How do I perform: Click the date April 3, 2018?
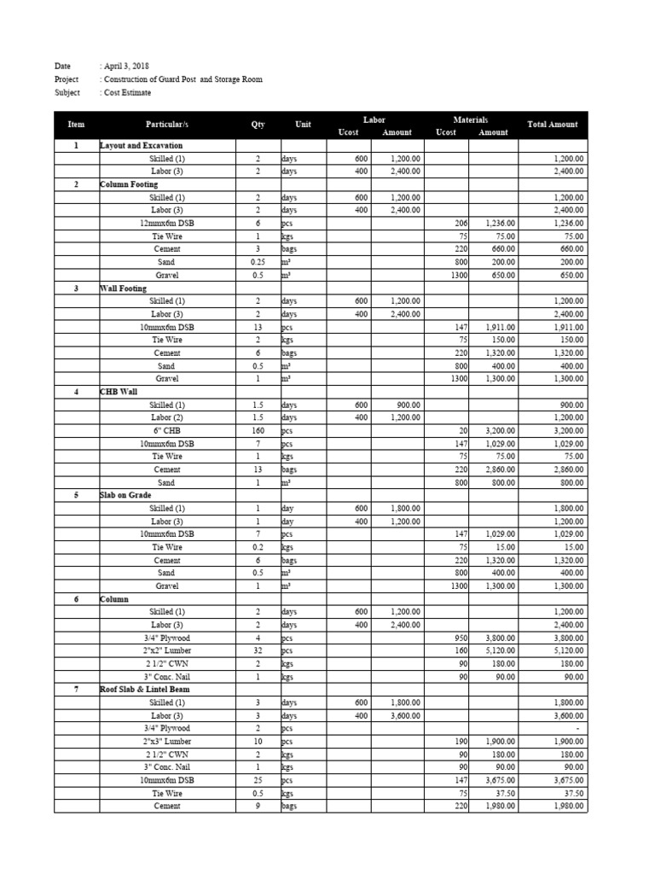[x=125, y=66]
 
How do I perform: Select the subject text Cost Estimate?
[x=126, y=92]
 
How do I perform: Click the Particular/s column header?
[x=166, y=125]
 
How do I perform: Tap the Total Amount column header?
[x=552, y=125]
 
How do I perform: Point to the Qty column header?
[x=258, y=125]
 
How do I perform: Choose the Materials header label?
[x=470, y=119]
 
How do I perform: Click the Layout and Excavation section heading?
[x=141, y=146]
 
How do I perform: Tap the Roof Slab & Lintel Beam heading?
[x=144, y=689]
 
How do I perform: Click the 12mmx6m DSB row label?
[x=166, y=223]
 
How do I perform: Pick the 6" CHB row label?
[x=166, y=431]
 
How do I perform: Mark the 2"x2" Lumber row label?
[x=166, y=650]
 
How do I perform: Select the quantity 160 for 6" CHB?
[x=258, y=431]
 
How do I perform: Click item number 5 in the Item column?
[x=76, y=495]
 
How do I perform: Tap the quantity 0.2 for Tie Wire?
[x=258, y=547]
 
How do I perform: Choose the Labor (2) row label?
[x=166, y=417]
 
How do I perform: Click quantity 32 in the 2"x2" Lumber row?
[x=258, y=650]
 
